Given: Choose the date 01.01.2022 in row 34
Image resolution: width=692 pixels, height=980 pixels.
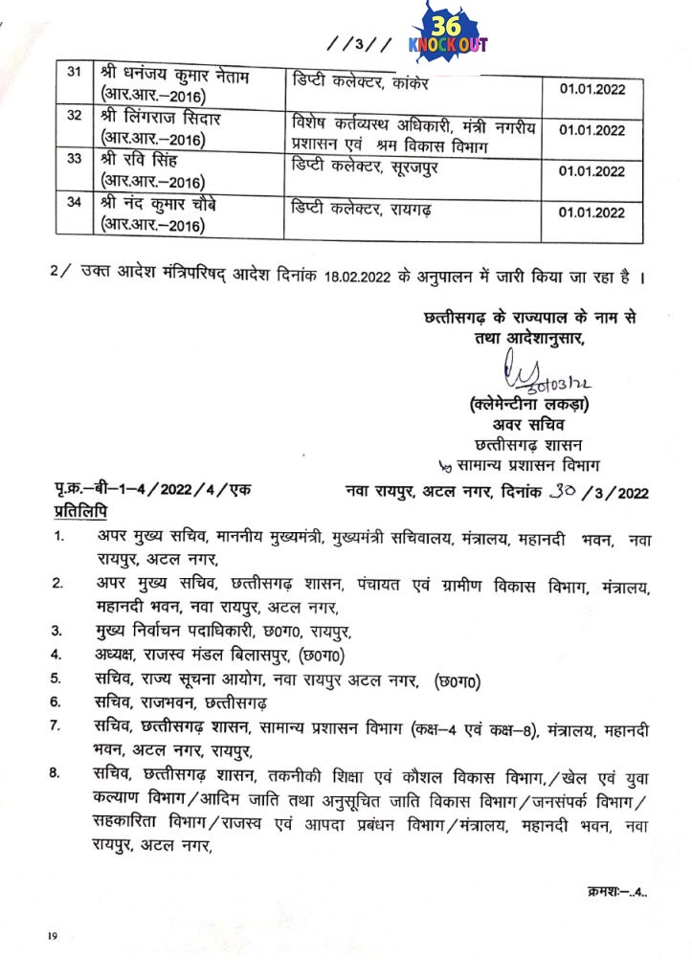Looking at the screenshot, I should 591,211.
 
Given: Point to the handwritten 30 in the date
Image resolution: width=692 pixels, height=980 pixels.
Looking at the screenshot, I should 559,492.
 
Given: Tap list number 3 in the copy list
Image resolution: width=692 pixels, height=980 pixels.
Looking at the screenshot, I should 57,631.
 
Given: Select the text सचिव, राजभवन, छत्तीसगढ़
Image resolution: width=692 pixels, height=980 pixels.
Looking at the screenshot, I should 175,702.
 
